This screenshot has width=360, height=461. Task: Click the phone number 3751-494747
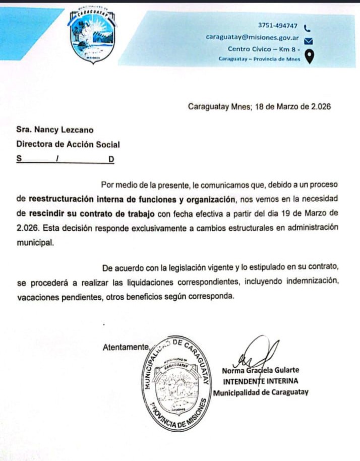point(277,25)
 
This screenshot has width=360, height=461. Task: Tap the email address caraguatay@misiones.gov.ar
point(253,37)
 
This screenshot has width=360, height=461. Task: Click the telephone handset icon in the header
point(307,28)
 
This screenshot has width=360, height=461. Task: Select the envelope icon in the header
point(309,41)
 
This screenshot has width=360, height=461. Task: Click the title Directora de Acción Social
point(68,144)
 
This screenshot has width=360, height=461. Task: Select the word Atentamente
point(126,347)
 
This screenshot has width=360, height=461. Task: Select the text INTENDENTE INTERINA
point(261,381)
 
